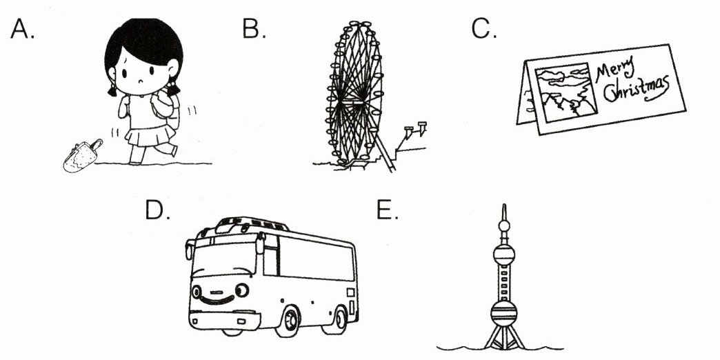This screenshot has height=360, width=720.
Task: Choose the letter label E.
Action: (387, 210)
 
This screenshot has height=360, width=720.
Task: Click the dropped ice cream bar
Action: (81, 156)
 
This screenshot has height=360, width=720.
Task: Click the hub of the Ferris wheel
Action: (356, 100)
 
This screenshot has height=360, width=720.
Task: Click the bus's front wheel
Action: (288, 321)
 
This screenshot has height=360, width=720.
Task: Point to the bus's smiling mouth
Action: (217, 301)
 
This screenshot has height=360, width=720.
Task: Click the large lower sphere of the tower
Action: (503, 314)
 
